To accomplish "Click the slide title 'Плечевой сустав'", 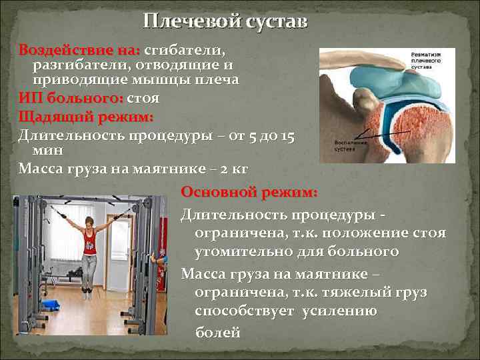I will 225,21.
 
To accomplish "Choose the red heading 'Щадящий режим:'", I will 86,116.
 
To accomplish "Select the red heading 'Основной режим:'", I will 249,192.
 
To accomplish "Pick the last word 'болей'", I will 217,333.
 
